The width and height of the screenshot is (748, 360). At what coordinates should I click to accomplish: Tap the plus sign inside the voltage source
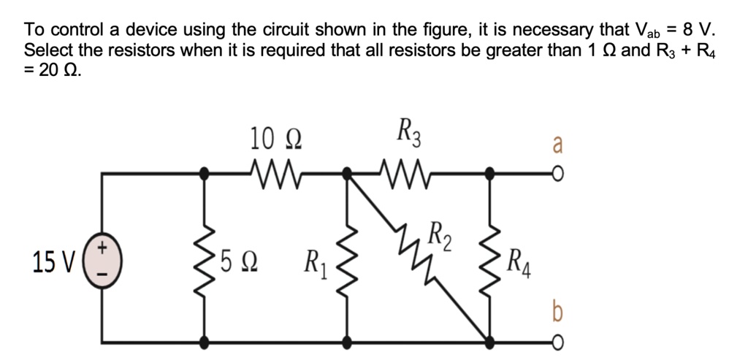[x=102, y=248]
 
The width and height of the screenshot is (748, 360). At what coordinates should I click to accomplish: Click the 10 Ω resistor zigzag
[x=275, y=174]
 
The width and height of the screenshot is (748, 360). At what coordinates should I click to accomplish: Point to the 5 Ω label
[x=234, y=259]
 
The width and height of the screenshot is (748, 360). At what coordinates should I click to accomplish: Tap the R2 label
[x=440, y=237]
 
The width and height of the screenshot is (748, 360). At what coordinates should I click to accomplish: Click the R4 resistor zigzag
[x=489, y=258]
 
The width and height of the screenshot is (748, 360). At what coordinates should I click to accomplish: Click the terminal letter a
[x=557, y=145]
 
